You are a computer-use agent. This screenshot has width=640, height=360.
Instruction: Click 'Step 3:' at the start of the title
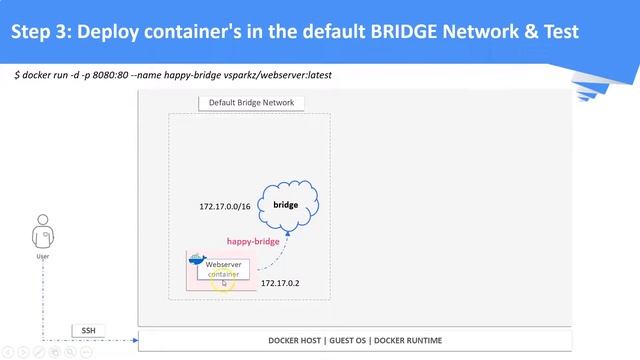(x=42, y=32)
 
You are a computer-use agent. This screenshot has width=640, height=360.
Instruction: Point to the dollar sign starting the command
(x=17, y=75)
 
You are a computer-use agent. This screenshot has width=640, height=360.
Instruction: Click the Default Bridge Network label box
(x=251, y=103)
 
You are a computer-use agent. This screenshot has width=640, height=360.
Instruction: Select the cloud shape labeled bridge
(x=287, y=205)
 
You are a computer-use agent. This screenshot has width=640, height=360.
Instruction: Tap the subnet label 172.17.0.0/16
(x=224, y=206)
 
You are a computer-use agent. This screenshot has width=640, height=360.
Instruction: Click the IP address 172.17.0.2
(x=280, y=283)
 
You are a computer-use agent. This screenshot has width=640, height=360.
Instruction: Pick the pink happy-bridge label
(x=253, y=241)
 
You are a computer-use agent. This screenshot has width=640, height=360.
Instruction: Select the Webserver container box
(x=223, y=269)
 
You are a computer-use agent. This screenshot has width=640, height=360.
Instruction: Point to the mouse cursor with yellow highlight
(x=224, y=283)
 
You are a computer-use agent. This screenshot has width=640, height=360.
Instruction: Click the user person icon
(x=42, y=236)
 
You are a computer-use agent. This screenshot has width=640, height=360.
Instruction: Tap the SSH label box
(x=87, y=330)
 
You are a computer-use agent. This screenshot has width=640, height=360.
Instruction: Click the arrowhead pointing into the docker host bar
(x=134, y=341)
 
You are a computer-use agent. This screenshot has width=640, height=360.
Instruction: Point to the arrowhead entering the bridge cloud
(x=287, y=231)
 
